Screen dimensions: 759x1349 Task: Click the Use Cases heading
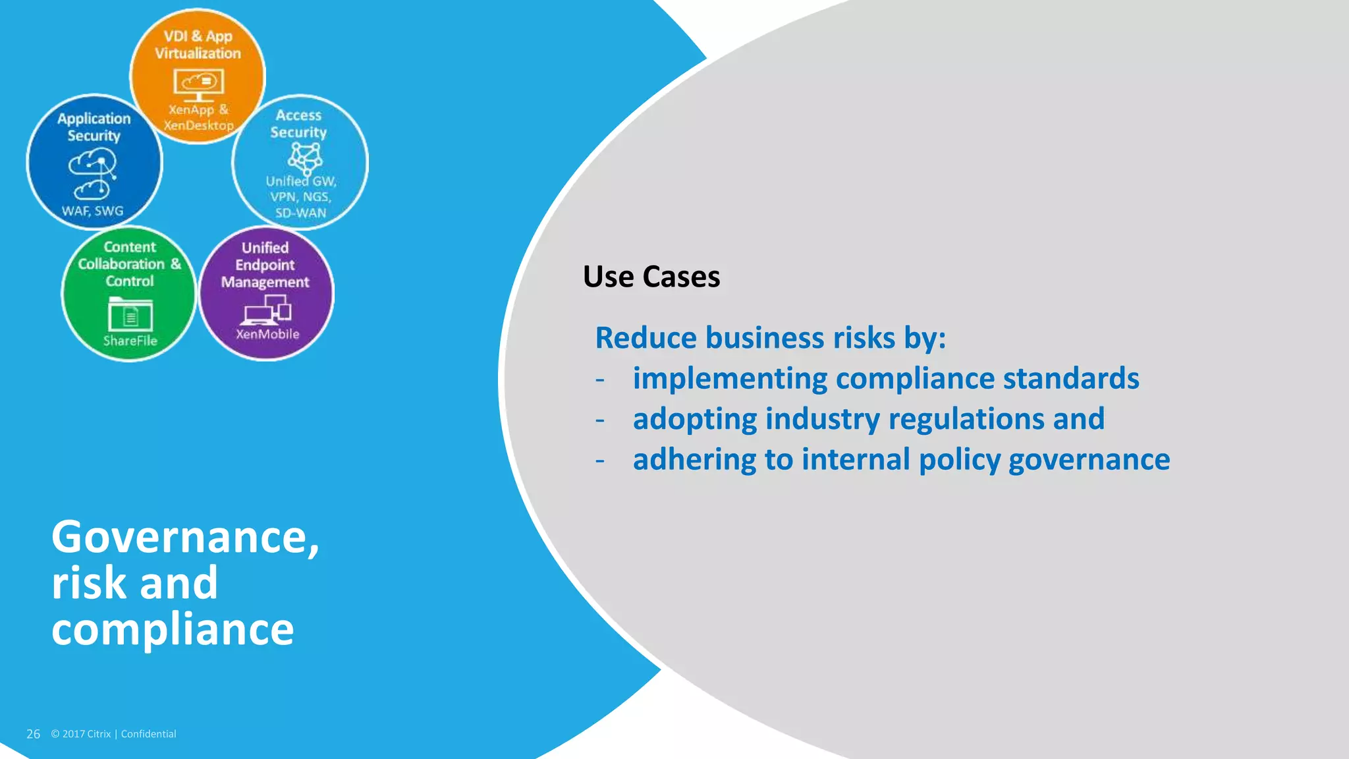point(651,277)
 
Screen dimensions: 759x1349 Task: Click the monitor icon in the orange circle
point(198,84)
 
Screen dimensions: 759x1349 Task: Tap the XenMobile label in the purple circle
point(267,334)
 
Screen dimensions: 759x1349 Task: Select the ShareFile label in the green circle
point(130,341)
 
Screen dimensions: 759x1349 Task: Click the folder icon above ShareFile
point(130,314)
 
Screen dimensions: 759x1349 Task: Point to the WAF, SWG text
point(93,211)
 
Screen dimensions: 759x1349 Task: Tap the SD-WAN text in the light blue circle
point(300,213)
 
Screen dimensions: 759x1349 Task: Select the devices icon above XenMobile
point(267,310)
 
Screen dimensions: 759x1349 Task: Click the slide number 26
point(33,734)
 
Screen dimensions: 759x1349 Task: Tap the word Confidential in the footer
point(148,734)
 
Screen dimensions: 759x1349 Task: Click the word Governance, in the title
point(185,537)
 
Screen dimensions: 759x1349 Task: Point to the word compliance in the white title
point(173,629)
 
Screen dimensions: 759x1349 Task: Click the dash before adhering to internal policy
point(599,460)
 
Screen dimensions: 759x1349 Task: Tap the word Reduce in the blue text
point(646,338)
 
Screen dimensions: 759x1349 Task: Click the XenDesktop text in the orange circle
point(198,125)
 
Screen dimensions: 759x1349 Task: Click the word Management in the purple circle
point(265,282)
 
